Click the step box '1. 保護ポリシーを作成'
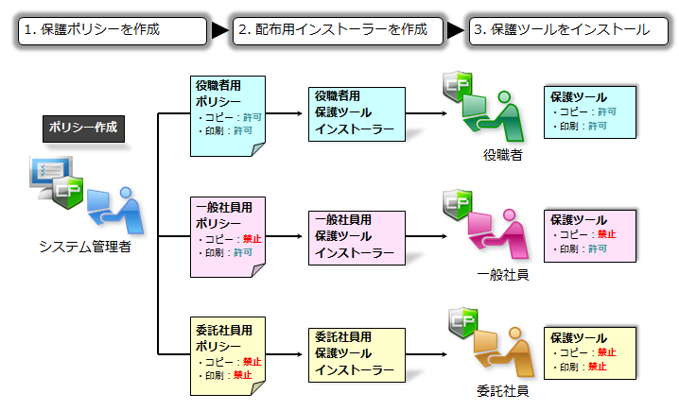coord(113,31)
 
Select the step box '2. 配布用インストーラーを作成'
coord(339,31)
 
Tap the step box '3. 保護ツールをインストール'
coord(568,31)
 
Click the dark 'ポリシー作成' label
coord(83,128)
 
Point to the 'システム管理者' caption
coord(85,247)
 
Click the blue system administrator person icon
coord(115,210)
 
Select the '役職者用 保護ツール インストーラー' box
coord(357,114)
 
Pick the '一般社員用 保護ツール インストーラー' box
coord(357,238)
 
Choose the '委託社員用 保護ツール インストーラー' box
coord(357,355)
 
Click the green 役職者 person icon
coord(494,116)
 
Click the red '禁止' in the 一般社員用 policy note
coord(252,239)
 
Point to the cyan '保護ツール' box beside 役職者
coord(590,112)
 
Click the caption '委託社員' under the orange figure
coord(503,391)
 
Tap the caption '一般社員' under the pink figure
coord(503,275)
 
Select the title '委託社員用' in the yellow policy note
coord(224,331)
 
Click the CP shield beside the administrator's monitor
coord(67,192)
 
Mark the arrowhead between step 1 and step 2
coord(220,31)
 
